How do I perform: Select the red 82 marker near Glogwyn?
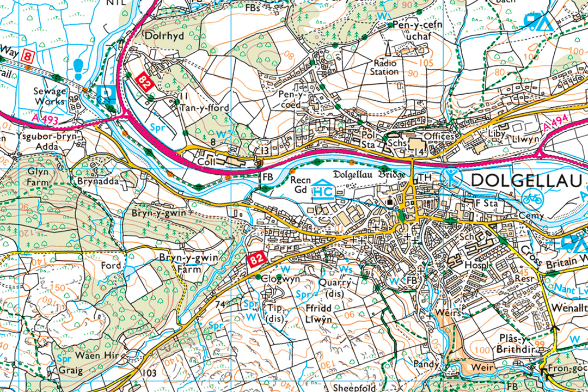pos(258,260)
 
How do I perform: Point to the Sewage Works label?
pos(50,96)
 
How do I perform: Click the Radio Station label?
pos(384,67)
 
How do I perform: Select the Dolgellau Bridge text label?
pos(369,175)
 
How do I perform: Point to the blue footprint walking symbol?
pos(79,68)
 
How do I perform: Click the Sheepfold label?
pos(351,387)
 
